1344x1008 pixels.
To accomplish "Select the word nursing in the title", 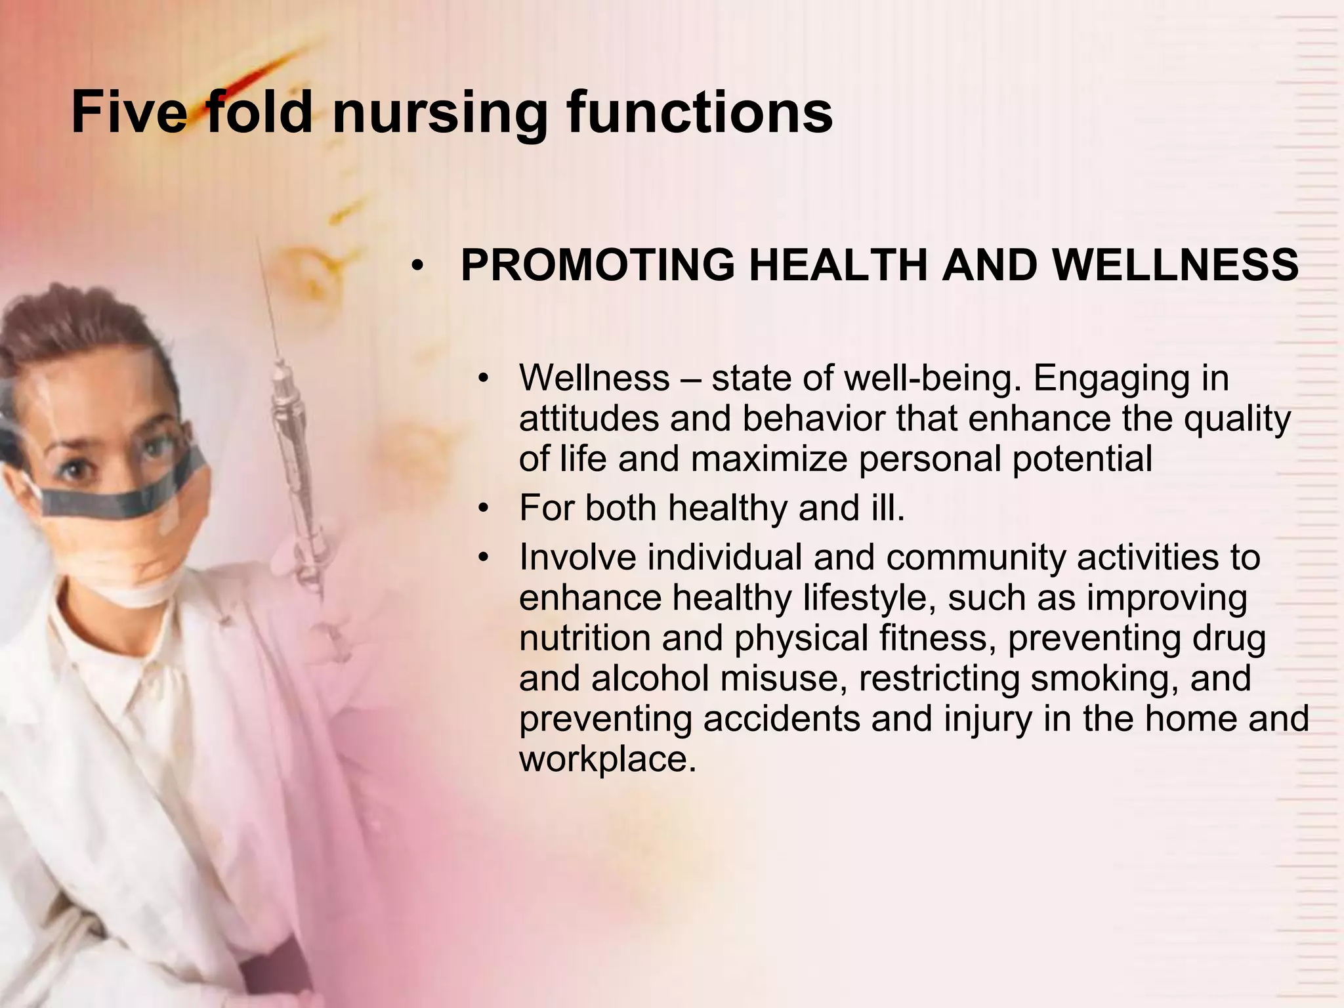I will coord(439,113).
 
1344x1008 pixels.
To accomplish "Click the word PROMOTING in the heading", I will coord(598,265).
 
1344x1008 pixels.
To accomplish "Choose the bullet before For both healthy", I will coord(484,509).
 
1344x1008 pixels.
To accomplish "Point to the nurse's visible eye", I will coord(75,469).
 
